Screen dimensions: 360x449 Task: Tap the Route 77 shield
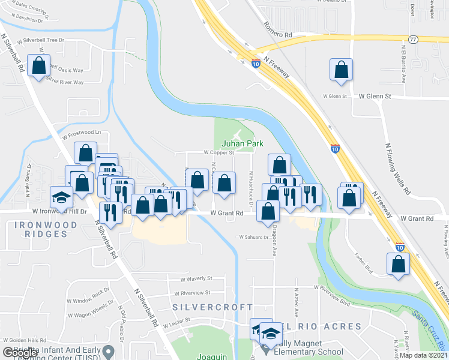click(x=412, y=40)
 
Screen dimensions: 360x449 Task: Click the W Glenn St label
click(x=375, y=96)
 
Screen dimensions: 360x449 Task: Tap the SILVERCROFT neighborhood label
click(x=213, y=307)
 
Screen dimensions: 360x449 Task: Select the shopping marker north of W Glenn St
click(x=341, y=69)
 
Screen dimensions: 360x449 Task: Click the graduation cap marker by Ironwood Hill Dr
click(x=61, y=196)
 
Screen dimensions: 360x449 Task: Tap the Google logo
click(x=19, y=353)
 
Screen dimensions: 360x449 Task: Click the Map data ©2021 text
click(x=423, y=355)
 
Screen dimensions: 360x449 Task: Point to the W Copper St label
click(x=218, y=152)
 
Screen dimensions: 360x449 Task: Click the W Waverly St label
click(x=196, y=278)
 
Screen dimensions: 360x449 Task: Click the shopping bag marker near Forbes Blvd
click(x=398, y=264)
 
